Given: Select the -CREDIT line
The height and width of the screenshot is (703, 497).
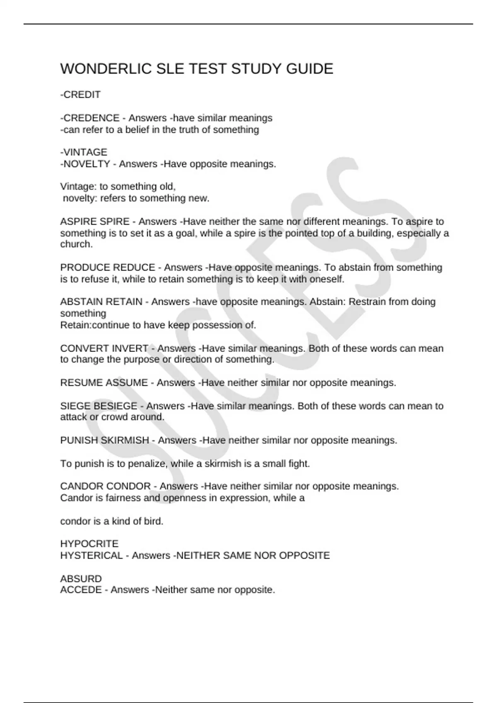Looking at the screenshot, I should click(80, 95).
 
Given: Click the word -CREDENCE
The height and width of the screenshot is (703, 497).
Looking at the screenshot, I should click(90, 118).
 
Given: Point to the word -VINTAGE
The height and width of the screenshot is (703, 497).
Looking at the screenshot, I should click(84, 153).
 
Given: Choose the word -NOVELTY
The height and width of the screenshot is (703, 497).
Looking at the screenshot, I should click(85, 164).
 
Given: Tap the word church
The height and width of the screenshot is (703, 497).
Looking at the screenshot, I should click(76, 244).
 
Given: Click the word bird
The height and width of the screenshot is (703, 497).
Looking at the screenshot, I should click(154, 521).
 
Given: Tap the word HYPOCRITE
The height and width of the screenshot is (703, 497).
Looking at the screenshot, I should click(89, 544).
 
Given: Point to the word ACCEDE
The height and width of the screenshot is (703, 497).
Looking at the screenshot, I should click(81, 590).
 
